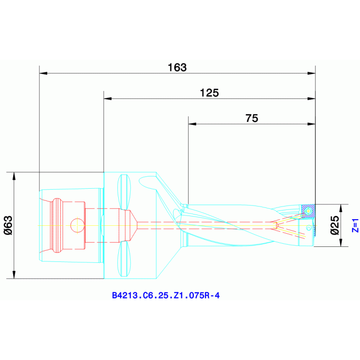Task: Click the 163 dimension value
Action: pyautogui.click(x=177, y=67)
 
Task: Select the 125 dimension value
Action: pyautogui.click(x=209, y=92)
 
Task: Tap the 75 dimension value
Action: pyautogui.click(x=252, y=118)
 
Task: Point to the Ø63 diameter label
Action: pyautogui.click(x=8, y=225)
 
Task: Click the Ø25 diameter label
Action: pyautogui.click(x=335, y=225)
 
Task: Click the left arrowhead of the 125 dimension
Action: pyautogui.click(x=107, y=99)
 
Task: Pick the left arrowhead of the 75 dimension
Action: pyautogui.click(x=191, y=124)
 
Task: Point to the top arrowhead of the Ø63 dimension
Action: pyautogui.click(x=14, y=176)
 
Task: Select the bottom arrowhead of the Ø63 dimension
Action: pyautogui.click(x=14, y=275)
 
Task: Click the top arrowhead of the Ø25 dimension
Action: pyautogui.click(x=341, y=208)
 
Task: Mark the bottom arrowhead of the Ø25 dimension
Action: pyautogui.click(x=341, y=243)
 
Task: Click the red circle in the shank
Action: pyautogui.click(x=77, y=225)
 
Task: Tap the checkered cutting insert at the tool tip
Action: pyautogui.click(x=307, y=211)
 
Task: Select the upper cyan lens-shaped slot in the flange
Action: pyautogui.click(x=124, y=191)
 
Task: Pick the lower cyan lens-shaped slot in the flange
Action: pyautogui.click(x=124, y=259)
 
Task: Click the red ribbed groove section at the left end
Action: pyautogui.click(x=57, y=225)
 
